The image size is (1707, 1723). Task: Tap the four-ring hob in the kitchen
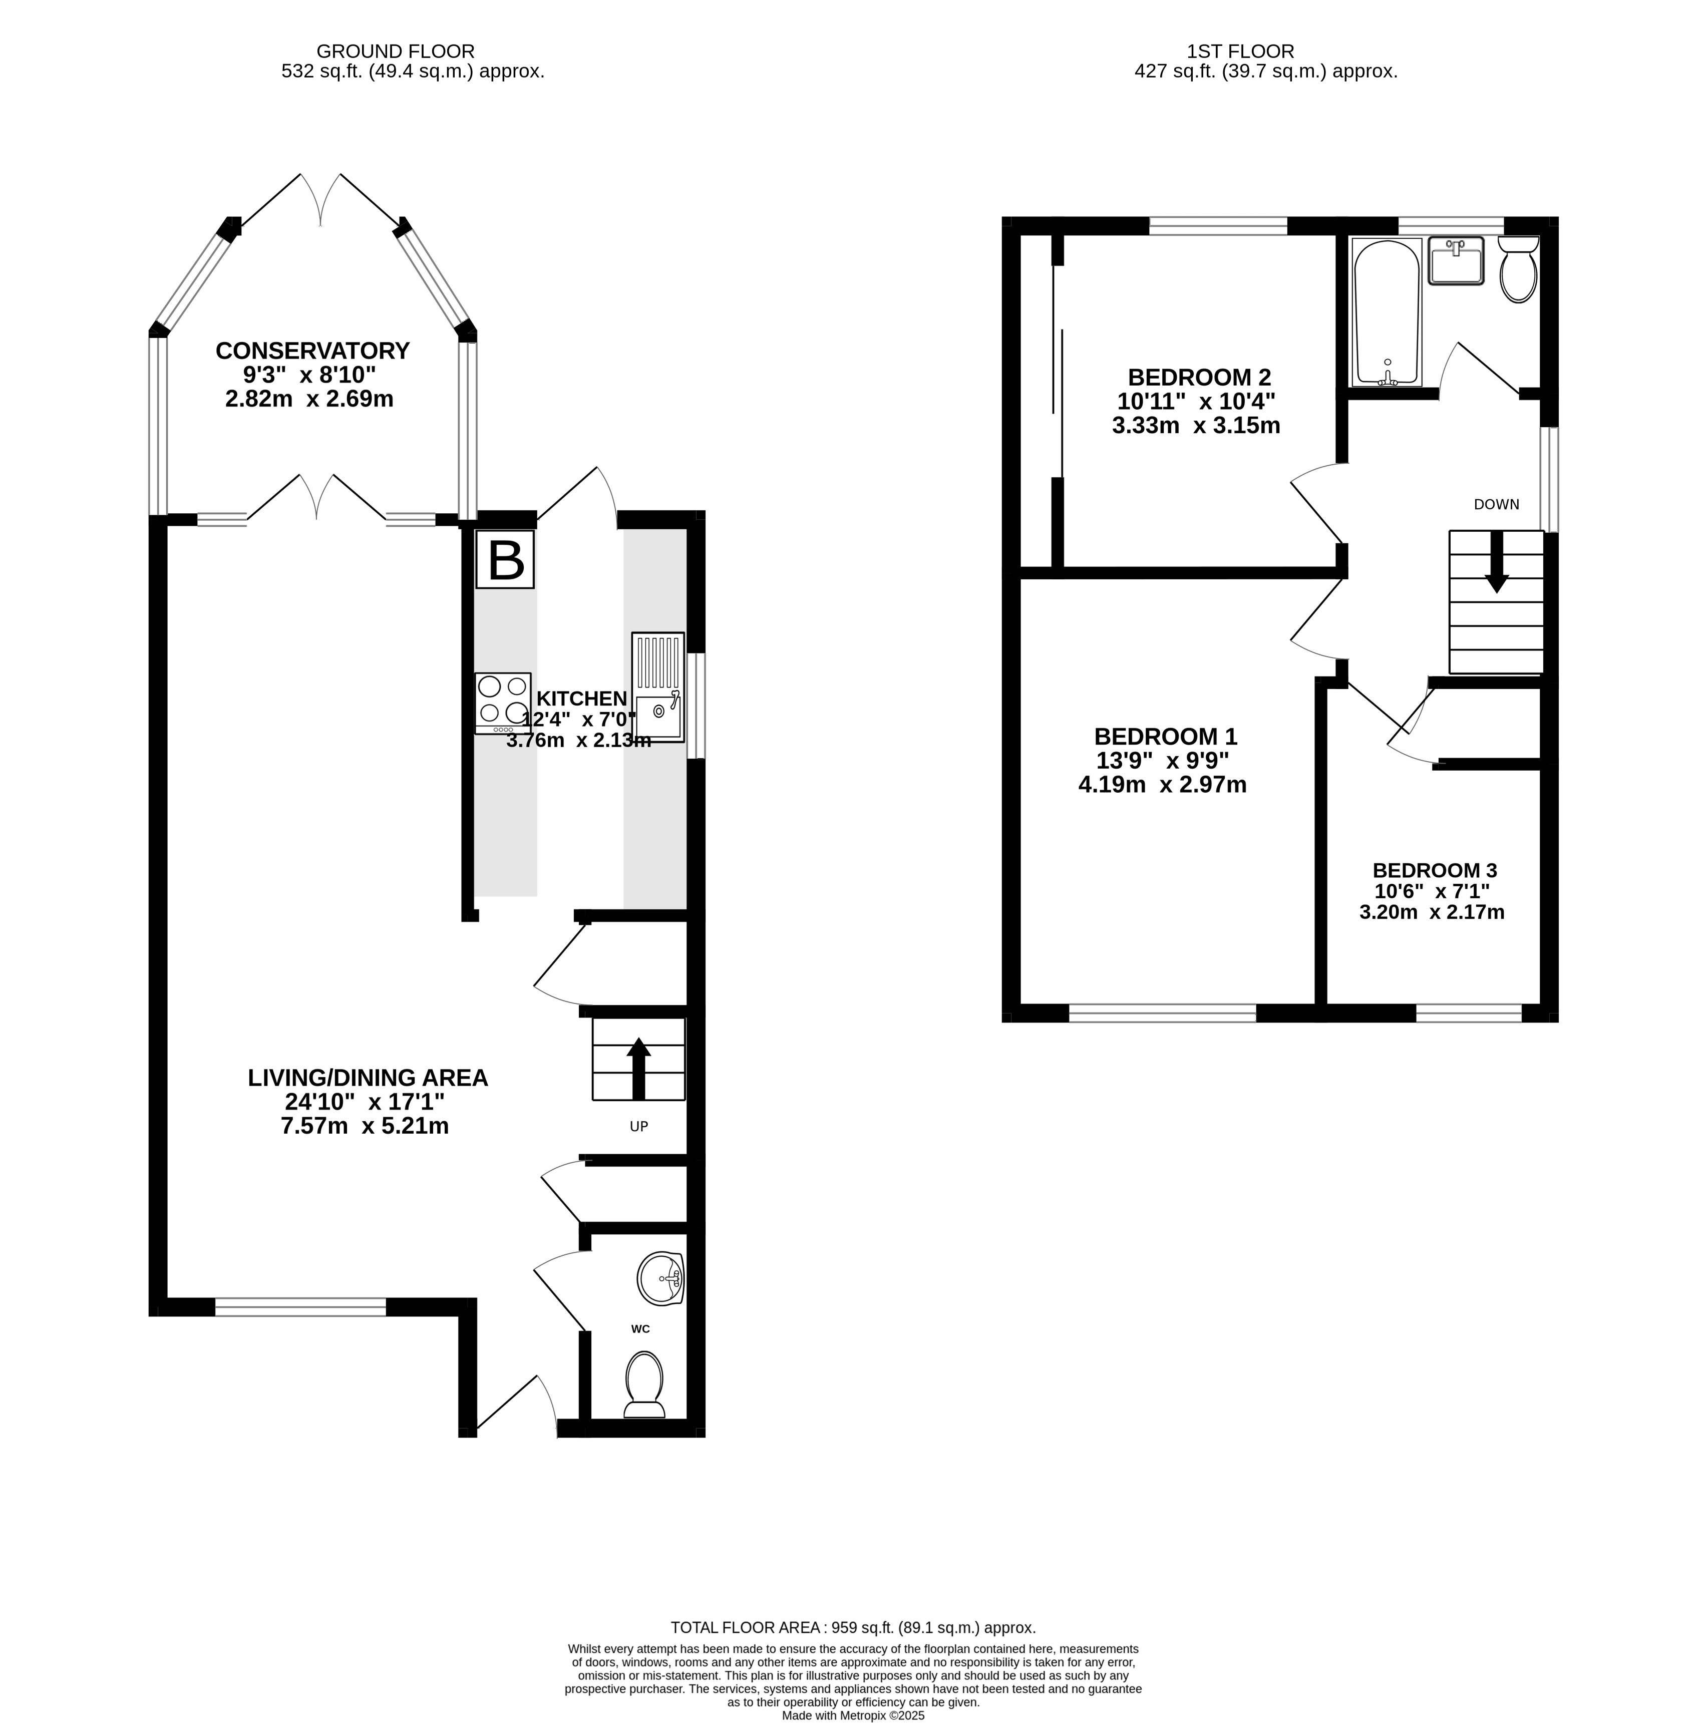click(x=503, y=703)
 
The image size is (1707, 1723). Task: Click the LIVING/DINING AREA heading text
click(x=368, y=1078)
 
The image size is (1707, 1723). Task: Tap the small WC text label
click(x=640, y=1329)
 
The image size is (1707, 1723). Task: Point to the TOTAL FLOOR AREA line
click(x=853, y=1627)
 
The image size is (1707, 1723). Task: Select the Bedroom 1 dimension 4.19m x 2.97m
click(x=1162, y=785)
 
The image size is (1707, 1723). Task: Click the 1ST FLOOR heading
click(x=1240, y=52)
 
